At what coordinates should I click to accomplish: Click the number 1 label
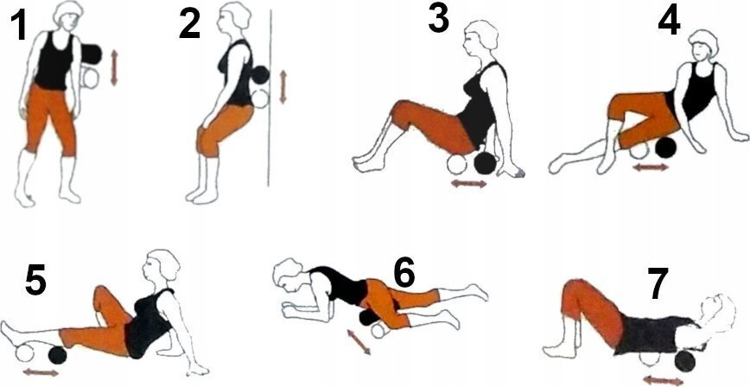19,28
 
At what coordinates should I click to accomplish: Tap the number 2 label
189,25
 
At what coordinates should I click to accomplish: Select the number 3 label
438,19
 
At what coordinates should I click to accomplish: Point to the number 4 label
669,22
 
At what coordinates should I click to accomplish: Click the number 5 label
35,282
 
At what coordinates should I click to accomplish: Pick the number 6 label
405,274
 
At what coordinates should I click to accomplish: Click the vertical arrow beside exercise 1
114,68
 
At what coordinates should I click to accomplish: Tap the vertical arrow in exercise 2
283,86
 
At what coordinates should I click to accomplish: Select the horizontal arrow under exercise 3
468,183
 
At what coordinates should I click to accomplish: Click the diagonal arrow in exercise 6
359,341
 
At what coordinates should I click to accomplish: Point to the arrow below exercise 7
664,381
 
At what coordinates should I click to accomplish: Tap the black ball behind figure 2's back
260,74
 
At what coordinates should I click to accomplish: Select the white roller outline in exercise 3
456,164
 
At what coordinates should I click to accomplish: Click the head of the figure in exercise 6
289,274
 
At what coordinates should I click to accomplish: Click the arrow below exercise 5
41,372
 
